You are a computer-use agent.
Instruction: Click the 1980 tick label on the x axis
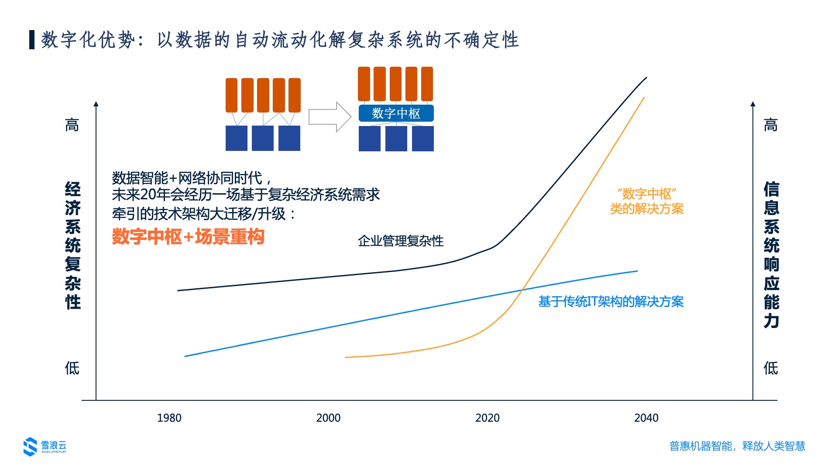click(169, 418)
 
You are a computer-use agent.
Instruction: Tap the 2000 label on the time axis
click(328, 418)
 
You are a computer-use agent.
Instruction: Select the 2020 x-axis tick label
click(487, 418)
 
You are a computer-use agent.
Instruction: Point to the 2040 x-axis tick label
click(646, 418)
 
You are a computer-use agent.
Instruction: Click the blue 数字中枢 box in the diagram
click(396, 113)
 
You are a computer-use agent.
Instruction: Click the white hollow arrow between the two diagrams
click(330, 117)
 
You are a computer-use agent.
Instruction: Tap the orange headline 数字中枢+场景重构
click(188, 237)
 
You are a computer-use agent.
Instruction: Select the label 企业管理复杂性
click(401, 241)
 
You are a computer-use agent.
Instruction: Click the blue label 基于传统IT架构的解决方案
click(611, 301)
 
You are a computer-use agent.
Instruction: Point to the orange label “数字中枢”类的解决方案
click(646, 201)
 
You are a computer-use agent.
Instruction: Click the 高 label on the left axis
click(72, 125)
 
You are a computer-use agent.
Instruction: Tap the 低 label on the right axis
click(771, 368)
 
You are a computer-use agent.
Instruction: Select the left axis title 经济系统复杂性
click(73, 246)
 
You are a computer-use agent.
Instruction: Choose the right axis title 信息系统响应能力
click(771, 255)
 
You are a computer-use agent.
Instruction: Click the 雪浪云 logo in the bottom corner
click(45, 446)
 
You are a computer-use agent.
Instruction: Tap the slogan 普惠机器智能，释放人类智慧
click(737, 446)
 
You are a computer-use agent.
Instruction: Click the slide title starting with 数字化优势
click(280, 40)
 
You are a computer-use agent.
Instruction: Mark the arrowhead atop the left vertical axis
click(96, 104)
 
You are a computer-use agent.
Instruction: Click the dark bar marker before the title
click(32, 40)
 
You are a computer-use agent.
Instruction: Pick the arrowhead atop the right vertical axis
click(753, 104)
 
